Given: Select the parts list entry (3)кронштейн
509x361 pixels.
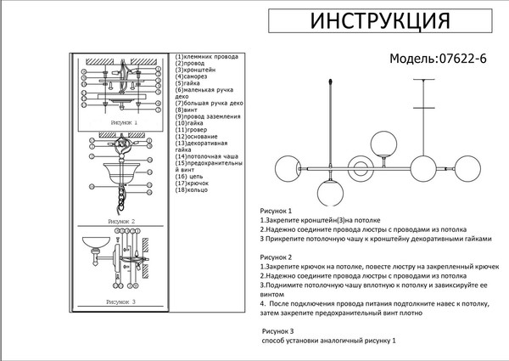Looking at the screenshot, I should pyautogui.click(x=196, y=71).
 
